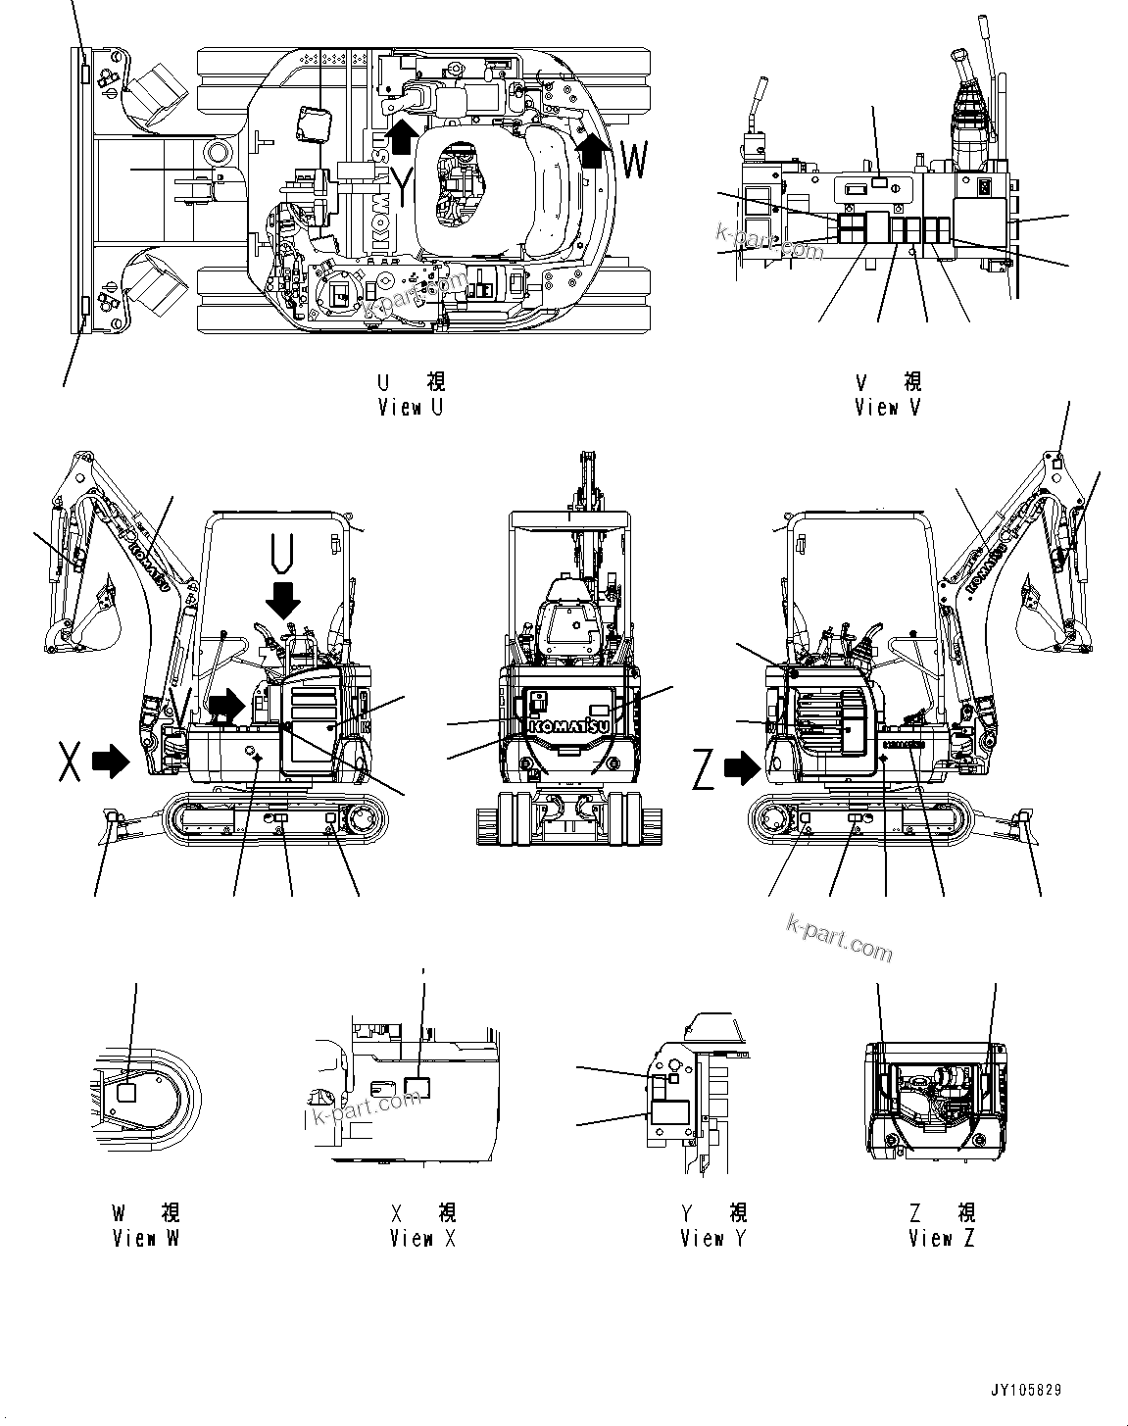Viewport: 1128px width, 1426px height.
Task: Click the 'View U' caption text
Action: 410,408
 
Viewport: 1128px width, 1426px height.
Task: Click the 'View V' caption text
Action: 887,408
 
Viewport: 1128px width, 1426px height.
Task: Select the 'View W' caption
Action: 146,1238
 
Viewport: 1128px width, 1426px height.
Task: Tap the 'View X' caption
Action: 422,1238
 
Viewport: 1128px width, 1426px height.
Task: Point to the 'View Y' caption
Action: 713,1238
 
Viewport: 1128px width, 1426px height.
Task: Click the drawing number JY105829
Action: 1024,1391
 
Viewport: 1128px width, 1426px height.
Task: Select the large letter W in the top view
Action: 634,162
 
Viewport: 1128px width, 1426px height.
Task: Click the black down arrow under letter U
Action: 286,597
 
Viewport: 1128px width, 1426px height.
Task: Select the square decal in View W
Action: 125,1095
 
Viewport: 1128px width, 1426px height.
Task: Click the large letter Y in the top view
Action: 402,186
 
